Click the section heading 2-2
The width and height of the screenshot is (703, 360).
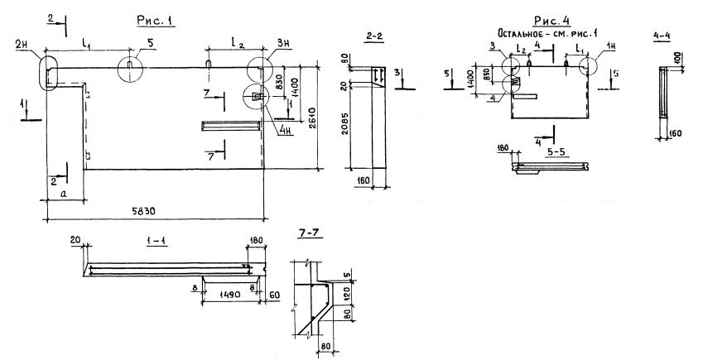373,36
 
